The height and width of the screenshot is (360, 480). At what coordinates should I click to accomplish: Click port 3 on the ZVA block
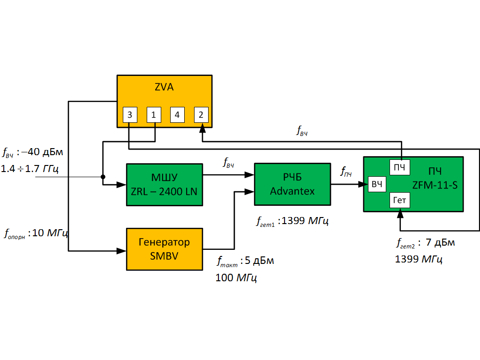130,114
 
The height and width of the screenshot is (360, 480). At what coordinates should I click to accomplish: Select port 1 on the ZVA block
154,114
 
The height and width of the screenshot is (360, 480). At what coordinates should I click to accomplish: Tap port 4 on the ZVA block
177,114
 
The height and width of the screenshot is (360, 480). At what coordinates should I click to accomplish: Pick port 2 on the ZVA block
201,114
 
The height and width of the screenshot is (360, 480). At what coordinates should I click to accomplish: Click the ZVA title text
164,88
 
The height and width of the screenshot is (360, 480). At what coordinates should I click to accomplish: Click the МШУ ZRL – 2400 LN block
164,185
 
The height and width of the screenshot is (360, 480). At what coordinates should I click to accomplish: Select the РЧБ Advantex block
292,184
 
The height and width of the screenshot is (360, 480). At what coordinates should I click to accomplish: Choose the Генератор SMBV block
164,249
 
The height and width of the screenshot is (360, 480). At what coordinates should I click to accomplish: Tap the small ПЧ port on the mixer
399,167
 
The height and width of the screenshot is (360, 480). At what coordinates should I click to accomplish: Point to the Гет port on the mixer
399,201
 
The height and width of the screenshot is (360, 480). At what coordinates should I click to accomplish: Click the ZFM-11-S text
435,185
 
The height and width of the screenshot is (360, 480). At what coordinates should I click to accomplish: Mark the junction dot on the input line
103,177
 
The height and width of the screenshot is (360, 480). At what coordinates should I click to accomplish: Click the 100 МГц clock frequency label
236,277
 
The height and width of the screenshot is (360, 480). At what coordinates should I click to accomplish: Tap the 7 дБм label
440,243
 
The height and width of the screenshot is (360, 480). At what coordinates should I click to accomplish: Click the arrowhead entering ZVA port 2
202,127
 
